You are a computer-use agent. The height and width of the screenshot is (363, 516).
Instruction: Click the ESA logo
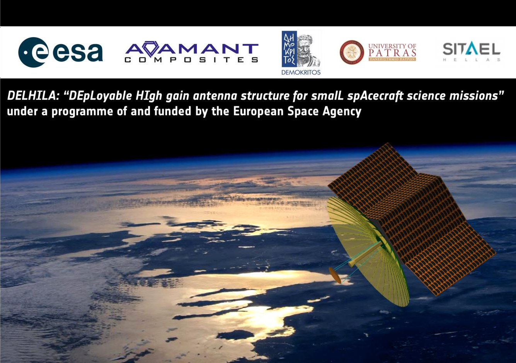point(60,52)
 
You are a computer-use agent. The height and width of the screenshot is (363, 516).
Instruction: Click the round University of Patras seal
point(352,52)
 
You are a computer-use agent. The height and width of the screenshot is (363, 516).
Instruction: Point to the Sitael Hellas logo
point(471,51)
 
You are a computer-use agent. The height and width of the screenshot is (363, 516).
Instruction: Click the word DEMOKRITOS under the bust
point(301,72)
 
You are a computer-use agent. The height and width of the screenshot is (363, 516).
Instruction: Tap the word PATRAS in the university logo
point(392,53)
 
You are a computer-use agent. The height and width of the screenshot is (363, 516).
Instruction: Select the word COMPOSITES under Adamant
point(191,60)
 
